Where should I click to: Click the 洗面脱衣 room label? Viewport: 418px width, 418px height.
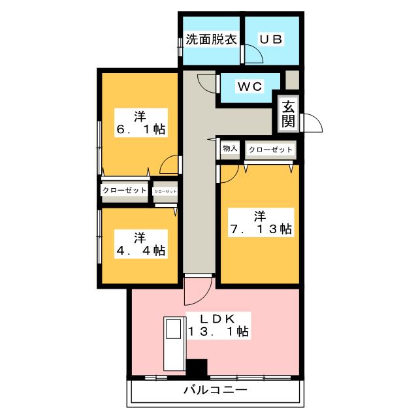(x=210, y=39)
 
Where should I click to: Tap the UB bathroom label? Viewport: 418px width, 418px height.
(x=270, y=39)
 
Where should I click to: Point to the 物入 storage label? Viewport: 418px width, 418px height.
(x=230, y=150)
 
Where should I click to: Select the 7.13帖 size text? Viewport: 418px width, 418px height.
(x=260, y=229)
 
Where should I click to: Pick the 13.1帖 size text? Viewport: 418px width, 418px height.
(x=217, y=332)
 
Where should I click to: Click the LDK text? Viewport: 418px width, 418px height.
(x=217, y=318)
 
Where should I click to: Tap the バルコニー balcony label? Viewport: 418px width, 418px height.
(x=215, y=391)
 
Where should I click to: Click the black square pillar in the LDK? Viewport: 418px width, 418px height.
(x=197, y=369)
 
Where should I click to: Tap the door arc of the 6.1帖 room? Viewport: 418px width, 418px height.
(x=170, y=165)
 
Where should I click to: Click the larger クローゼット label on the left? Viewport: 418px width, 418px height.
(x=124, y=191)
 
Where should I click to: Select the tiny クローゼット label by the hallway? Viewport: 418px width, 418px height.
(x=165, y=191)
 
